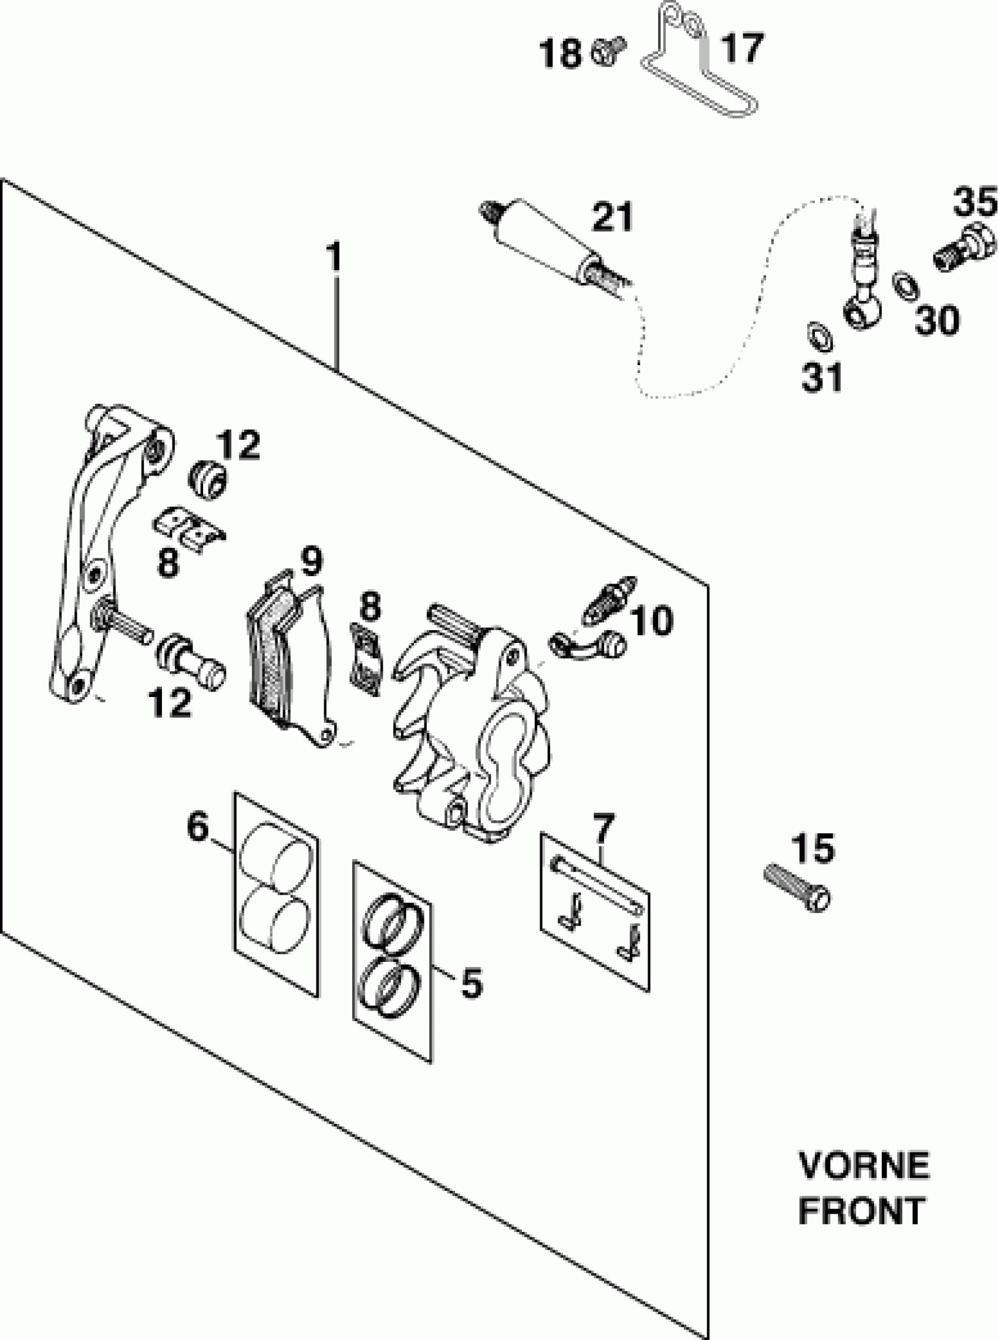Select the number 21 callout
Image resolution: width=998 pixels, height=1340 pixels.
pyautogui.click(x=612, y=217)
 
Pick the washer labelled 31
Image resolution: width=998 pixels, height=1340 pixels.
pyautogui.click(x=820, y=336)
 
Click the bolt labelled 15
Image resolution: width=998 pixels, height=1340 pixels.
pyautogui.click(x=797, y=894)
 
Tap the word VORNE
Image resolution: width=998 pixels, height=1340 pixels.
pyautogui.click(x=864, y=1166)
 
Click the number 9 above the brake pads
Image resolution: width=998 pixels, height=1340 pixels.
pyautogui.click(x=311, y=562)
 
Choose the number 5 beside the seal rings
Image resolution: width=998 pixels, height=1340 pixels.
pyautogui.click(x=472, y=982)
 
